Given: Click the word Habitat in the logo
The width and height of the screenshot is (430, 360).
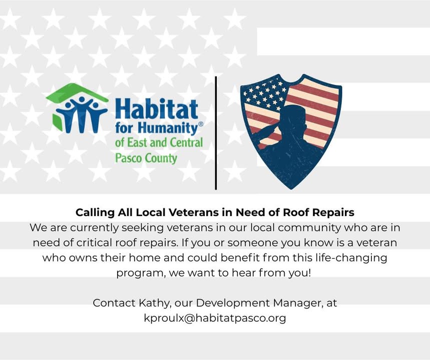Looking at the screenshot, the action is pos(156,109).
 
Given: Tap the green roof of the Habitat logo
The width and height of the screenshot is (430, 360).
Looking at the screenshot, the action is pos(77,92).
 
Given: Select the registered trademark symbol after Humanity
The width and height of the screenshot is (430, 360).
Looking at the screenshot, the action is pos(201,124).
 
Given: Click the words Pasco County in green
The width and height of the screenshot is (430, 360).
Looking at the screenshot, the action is pos(146,158).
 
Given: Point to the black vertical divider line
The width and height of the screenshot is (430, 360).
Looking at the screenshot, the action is pos(216,133).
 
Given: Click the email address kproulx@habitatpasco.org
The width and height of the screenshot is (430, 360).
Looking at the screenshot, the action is pos(215,318).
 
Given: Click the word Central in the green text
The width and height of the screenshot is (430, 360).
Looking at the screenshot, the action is pos(187,142).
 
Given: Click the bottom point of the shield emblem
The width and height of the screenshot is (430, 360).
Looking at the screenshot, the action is pos(291,189).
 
